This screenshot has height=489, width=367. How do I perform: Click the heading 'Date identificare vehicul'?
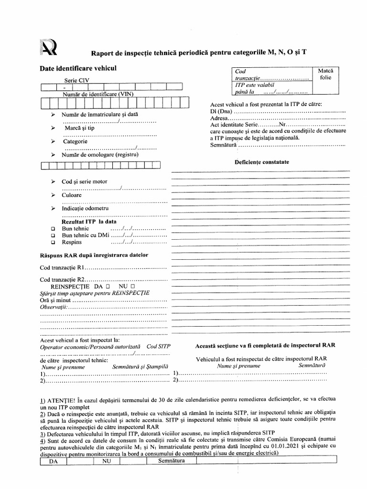point(78,69)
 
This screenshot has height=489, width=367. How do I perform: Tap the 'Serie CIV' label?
point(76,81)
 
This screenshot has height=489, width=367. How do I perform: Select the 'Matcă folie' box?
point(325,74)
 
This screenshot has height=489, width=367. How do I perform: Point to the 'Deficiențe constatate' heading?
point(261,162)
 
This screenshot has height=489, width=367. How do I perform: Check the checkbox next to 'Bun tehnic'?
point(53,229)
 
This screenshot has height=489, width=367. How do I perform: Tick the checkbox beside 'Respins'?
point(53,243)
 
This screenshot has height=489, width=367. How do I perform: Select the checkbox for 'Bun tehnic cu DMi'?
point(53,236)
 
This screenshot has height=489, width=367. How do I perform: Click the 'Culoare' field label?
point(72,195)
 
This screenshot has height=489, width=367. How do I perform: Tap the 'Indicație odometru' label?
point(86,209)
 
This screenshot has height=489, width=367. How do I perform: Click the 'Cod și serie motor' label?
point(85,182)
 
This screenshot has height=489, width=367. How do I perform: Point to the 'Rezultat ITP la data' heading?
point(89,222)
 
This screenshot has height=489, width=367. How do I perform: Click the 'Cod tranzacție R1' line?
point(103,267)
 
